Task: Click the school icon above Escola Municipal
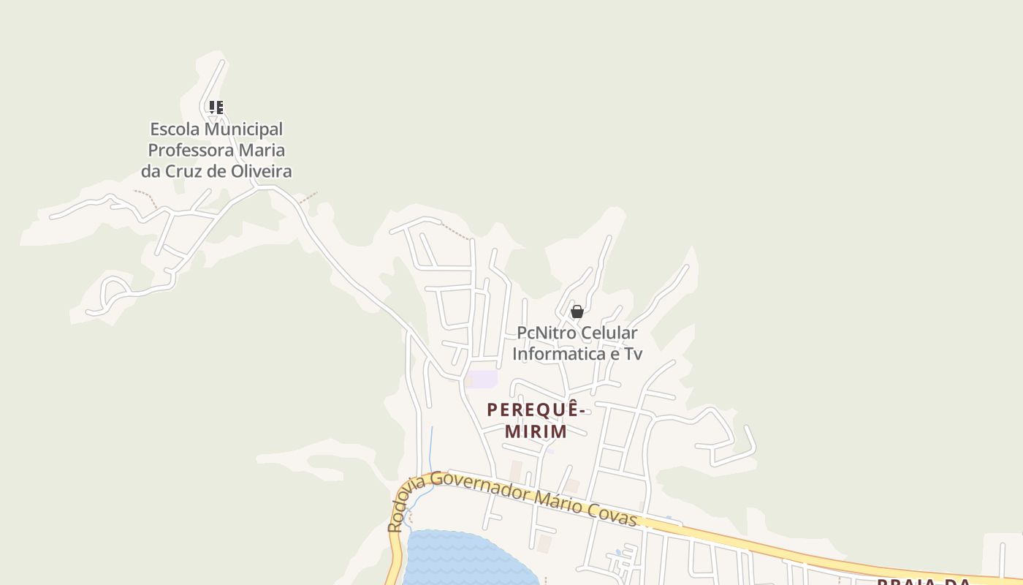point(216,107)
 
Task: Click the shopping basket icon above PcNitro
point(577,312)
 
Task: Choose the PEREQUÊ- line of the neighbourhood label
point(537,409)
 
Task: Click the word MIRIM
point(536,431)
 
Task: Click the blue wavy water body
point(460,559)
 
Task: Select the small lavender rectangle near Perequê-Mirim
point(482,380)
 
